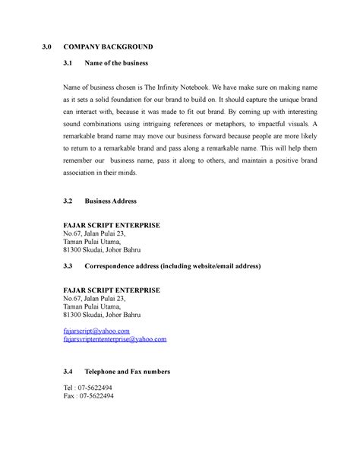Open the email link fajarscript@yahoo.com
pyautogui.click(x=97, y=332)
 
